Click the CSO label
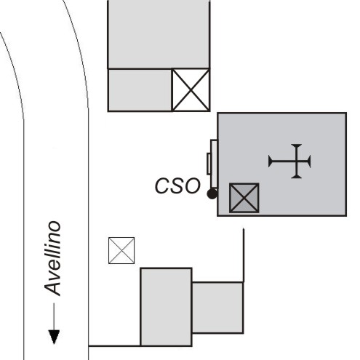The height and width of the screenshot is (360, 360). [177, 185]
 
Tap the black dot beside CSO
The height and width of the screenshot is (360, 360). [212, 193]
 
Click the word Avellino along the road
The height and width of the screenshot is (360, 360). [53, 258]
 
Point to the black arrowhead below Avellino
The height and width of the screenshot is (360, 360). [54, 337]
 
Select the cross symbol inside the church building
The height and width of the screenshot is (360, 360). [289, 161]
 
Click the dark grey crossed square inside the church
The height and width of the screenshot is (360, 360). [244, 198]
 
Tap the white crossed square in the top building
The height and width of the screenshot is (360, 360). [191, 90]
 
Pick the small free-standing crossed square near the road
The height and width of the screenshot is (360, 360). [121, 250]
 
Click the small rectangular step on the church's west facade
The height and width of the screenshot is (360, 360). [209, 164]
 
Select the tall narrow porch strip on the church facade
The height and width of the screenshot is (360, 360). [214, 164]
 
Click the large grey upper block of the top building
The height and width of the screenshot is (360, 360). [159, 34]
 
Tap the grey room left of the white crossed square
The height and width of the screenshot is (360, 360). [140, 90]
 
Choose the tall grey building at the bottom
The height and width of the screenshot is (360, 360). [166, 307]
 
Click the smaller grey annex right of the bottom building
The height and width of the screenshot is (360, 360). [217, 308]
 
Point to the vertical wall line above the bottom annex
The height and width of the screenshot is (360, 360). [244, 255]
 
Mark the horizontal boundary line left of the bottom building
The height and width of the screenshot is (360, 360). [114, 345]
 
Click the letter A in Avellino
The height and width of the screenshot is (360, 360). [52, 288]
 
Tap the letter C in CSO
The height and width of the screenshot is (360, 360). [162, 186]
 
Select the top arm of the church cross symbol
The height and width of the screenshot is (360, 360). [296, 153]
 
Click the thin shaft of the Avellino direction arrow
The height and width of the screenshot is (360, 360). [54, 316]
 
